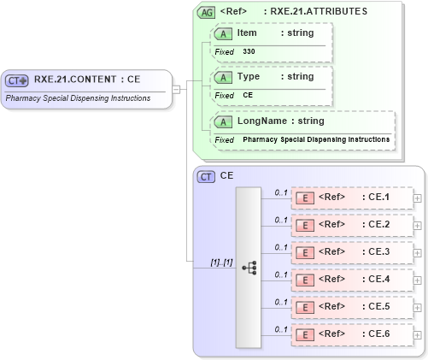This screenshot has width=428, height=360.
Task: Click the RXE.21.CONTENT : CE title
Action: click(x=87, y=80)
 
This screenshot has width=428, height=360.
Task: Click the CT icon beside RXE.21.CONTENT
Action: click(x=17, y=80)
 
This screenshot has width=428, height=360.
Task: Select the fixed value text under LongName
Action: click(x=316, y=139)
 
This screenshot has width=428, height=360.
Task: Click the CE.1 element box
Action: click(x=351, y=198)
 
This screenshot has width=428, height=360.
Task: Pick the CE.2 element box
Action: click(x=351, y=224)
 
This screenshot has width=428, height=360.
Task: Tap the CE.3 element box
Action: click(x=351, y=251)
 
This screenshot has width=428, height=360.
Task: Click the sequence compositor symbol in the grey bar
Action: click(x=249, y=267)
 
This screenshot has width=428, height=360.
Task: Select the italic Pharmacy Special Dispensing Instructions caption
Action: click(x=79, y=98)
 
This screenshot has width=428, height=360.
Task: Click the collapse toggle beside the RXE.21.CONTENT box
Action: click(x=176, y=88)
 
